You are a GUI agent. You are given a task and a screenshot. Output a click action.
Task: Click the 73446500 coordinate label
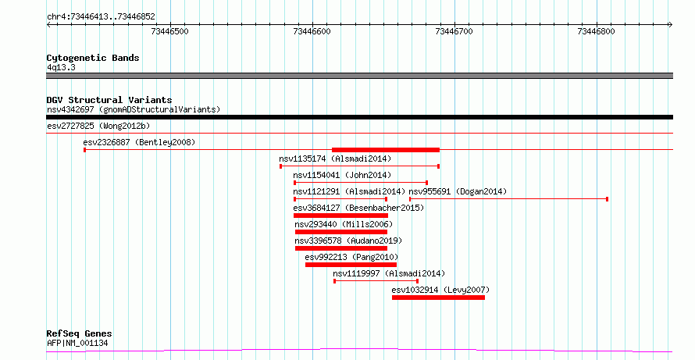click(x=169, y=31)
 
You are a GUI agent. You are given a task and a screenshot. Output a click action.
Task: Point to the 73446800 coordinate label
click(x=596, y=31)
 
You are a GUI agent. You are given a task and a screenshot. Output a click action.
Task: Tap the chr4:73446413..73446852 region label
click(x=101, y=17)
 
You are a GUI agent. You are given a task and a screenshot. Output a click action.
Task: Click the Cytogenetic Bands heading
click(x=93, y=58)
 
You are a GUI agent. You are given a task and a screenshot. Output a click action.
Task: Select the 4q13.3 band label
click(x=61, y=67)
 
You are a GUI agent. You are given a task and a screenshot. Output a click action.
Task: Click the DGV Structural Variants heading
click(x=109, y=100)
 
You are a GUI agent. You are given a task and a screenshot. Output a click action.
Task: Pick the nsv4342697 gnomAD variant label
click(x=134, y=109)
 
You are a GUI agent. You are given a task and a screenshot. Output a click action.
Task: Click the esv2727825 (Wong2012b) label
click(x=98, y=126)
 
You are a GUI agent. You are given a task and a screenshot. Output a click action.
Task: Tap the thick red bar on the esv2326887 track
click(x=386, y=150)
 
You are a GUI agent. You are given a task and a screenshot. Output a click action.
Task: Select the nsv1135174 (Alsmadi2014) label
click(x=335, y=159)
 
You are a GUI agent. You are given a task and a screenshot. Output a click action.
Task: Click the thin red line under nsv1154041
click(x=361, y=183)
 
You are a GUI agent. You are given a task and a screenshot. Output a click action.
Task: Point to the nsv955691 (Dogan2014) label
click(x=458, y=191)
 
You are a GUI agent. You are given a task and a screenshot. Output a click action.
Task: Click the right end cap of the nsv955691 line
click(x=608, y=199)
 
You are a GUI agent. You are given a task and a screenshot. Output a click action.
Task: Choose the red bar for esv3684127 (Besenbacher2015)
click(x=340, y=216)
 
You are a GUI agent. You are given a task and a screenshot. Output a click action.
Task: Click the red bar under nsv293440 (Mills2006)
click(x=341, y=232)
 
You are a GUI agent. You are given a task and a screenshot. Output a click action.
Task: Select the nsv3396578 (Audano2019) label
click(x=348, y=241)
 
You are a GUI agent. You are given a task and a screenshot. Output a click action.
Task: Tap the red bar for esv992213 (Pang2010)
click(x=351, y=265)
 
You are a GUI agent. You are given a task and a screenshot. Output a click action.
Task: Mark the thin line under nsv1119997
click(x=376, y=281)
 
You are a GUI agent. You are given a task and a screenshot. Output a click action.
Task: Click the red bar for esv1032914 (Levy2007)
click(x=438, y=298)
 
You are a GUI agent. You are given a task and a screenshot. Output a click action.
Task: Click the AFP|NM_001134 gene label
click(x=77, y=343)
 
